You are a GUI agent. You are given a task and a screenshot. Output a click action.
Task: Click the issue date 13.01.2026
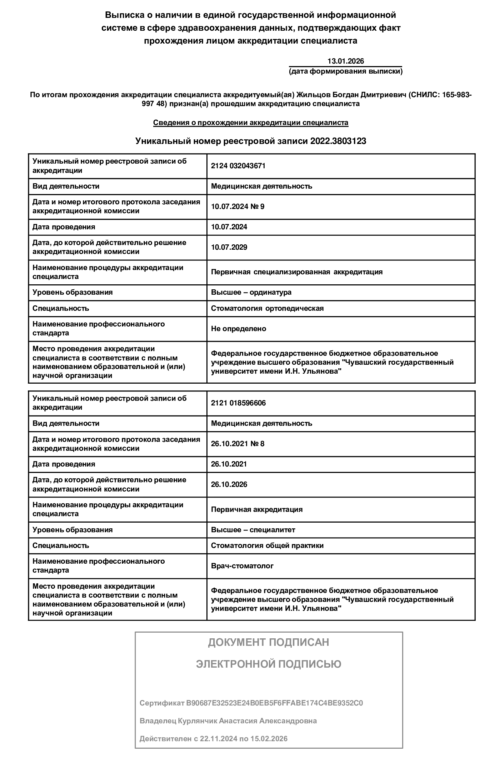(345, 61)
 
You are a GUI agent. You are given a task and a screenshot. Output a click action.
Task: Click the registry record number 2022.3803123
(338, 141)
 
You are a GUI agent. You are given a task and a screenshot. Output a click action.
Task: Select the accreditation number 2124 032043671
(238, 166)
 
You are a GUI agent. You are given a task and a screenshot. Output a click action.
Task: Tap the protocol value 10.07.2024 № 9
(237, 206)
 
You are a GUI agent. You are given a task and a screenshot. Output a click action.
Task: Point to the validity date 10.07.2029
(229, 247)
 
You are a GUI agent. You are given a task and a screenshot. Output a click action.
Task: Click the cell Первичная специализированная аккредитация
(296, 272)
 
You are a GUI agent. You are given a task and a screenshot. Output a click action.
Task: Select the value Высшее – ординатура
(251, 292)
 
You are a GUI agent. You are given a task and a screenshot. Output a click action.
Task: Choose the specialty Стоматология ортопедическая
(267, 308)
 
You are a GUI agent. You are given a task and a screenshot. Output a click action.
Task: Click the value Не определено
(239, 329)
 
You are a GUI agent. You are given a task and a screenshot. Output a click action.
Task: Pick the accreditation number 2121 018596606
(238, 403)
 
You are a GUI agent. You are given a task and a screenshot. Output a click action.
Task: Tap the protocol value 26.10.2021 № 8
(237, 444)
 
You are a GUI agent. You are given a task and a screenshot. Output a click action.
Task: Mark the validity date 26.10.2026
(229, 484)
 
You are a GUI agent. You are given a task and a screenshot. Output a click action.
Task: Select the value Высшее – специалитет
(253, 530)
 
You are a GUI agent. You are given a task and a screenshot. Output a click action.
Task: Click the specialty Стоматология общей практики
(267, 545)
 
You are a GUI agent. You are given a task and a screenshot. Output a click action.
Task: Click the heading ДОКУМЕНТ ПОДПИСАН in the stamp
(269, 642)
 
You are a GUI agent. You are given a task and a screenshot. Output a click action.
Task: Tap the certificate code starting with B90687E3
(274, 703)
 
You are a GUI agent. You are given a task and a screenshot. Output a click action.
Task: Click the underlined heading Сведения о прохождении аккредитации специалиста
(251, 123)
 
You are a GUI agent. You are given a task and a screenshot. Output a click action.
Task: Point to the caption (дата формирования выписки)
(345, 71)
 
